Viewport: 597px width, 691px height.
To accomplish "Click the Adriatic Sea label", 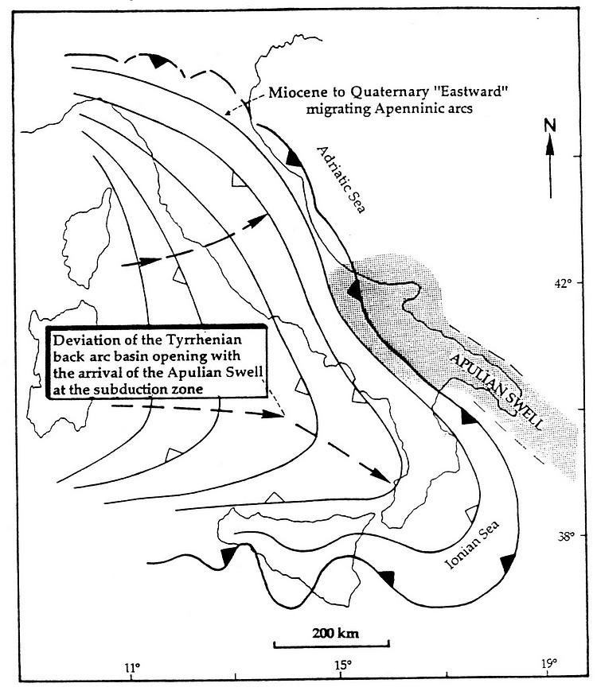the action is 341,180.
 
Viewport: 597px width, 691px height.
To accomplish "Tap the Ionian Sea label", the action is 472,545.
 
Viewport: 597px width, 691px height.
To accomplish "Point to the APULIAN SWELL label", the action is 496,391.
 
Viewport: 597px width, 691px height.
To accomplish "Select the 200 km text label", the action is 335,634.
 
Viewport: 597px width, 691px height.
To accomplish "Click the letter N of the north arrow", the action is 550,126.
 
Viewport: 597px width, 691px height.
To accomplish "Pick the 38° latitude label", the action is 564,535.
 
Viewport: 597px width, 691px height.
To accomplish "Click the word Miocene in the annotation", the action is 294,92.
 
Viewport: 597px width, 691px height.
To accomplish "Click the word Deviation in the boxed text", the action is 80,340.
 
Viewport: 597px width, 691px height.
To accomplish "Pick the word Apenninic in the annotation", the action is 403,109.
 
